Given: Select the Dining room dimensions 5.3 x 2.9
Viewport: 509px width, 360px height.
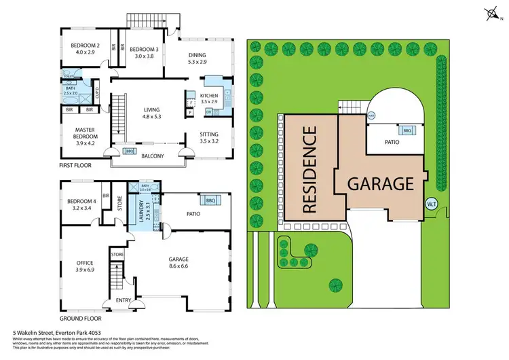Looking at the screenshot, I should click(x=200, y=62).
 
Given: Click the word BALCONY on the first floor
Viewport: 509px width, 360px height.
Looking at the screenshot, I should click(x=153, y=156).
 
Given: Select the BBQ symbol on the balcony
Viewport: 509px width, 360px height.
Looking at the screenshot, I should click(x=130, y=151).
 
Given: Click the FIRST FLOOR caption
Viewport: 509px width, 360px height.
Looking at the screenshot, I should click(x=75, y=166).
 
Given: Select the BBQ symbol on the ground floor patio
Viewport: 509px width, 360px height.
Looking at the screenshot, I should click(x=210, y=200).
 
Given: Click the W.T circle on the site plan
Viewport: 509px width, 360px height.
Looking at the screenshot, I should click(x=430, y=204).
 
